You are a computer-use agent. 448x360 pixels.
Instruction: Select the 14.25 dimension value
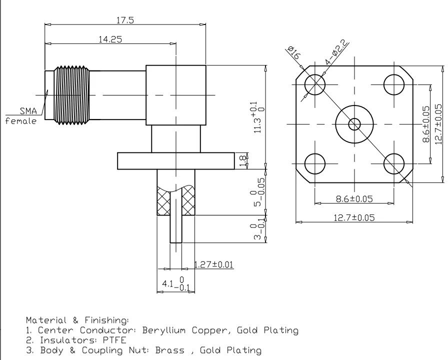(x=111, y=39)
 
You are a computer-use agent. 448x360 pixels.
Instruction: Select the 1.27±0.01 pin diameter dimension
(x=214, y=264)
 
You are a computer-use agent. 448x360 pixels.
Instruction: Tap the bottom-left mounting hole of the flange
(x=315, y=163)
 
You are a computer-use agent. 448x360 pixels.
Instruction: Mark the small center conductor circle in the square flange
(x=354, y=123)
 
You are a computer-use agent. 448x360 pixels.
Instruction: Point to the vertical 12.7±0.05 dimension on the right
(x=438, y=124)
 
